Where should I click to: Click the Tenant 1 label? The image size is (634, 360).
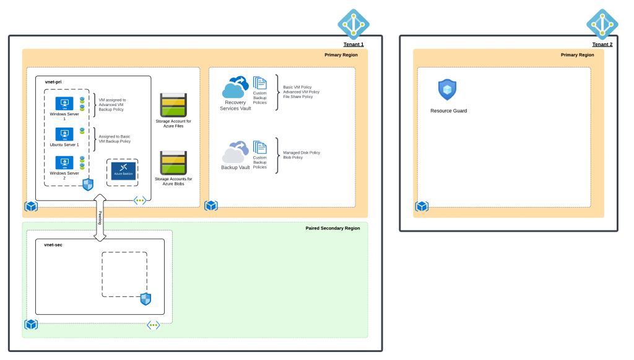click(x=354, y=45)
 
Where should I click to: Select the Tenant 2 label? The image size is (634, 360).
click(x=602, y=45)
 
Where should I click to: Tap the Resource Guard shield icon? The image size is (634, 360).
click(x=447, y=90)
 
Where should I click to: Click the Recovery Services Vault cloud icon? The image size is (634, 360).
click(x=235, y=87)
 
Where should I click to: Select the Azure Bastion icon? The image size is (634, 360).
click(x=122, y=170)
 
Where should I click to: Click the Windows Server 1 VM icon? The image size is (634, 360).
click(x=64, y=104)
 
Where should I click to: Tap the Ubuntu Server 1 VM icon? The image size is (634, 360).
click(x=64, y=134)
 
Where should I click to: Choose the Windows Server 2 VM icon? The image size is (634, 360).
click(x=64, y=163)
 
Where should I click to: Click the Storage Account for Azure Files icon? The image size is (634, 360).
click(x=173, y=104)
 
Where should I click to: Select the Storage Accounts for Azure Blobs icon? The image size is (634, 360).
click(x=173, y=162)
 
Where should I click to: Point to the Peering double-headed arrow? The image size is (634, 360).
click(x=99, y=217)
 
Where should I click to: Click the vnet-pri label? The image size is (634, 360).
click(x=53, y=82)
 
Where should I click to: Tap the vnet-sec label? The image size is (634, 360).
click(x=53, y=245)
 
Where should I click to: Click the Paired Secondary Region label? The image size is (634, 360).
click(x=332, y=228)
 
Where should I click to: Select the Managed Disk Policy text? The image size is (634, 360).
click(x=302, y=152)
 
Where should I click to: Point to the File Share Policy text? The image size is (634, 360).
click(x=298, y=97)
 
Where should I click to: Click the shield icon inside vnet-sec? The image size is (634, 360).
click(x=145, y=299)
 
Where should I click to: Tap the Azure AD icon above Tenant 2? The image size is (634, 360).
click(x=602, y=25)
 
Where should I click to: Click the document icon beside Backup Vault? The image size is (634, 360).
click(x=260, y=148)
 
